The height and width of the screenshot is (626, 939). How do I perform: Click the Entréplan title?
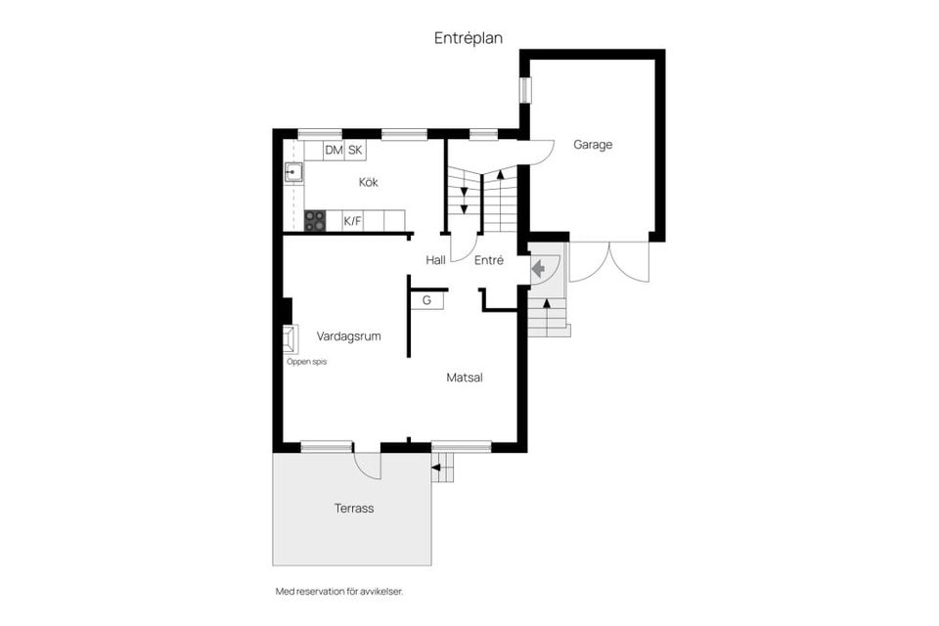click(x=469, y=38)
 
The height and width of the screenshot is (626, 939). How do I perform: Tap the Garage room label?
click(x=593, y=145)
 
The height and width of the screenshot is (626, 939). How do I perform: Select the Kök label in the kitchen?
click(x=368, y=182)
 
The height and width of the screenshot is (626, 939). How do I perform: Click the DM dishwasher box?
click(x=334, y=150)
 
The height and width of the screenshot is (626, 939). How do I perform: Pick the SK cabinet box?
click(x=355, y=150)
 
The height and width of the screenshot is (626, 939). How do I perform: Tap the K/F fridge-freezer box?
click(x=352, y=221)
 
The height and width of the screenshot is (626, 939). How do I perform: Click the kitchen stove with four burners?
click(x=315, y=221)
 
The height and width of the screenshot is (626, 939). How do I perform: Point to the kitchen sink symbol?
click(x=292, y=173)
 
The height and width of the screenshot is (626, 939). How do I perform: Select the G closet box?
click(x=426, y=300)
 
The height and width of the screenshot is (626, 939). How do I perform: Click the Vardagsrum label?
click(x=348, y=335)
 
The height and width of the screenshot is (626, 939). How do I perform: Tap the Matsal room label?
click(x=465, y=377)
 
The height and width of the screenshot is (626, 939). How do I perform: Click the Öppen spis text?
click(x=306, y=362)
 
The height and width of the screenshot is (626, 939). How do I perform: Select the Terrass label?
click(x=352, y=509)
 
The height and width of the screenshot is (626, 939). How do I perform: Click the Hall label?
click(x=435, y=260)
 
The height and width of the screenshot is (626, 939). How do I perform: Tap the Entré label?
click(x=488, y=260)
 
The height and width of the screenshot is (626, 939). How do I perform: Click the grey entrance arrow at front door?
click(x=538, y=266)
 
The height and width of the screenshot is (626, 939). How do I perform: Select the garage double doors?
click(x=608, y=262)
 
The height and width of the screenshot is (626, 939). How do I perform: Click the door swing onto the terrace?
click(x=367, y=464)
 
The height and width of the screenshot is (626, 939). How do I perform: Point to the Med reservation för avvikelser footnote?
click(x=339, y=592)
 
